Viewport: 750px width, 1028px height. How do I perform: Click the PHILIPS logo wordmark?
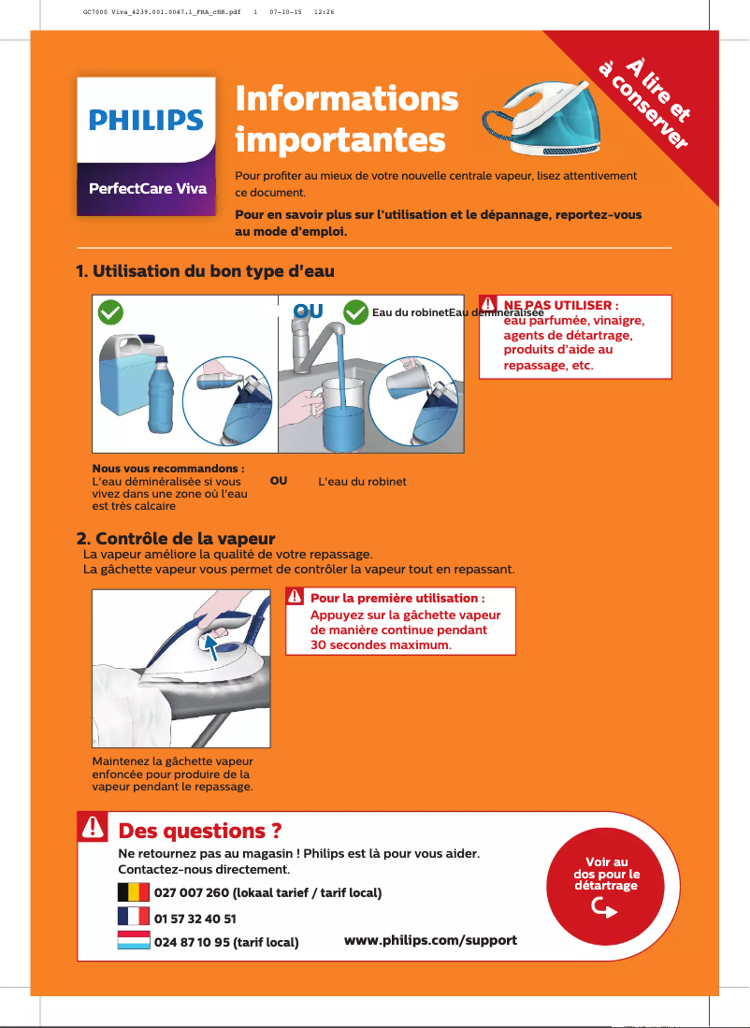click(146, 121)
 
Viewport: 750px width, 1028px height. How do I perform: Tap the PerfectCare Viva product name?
click(146, 188)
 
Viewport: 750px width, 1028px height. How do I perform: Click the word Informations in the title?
click(347, 98)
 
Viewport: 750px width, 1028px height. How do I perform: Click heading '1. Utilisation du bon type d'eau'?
click(205, 271)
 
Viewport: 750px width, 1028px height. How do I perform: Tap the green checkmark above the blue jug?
click(111, 311)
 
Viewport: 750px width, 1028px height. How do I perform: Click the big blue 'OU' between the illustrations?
click(308, 311)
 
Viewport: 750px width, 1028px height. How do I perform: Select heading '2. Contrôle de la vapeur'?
click(176, 539)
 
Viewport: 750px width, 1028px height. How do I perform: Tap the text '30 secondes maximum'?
click(381, 645)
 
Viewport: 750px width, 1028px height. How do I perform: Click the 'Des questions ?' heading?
click(200, 831)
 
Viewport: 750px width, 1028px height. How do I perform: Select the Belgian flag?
click(134, 891)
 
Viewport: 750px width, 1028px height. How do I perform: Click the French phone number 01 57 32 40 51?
click(195, 919)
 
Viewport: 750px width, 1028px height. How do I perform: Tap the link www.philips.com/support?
click(430, 939)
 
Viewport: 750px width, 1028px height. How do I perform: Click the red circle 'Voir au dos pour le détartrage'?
click(606, 884)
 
